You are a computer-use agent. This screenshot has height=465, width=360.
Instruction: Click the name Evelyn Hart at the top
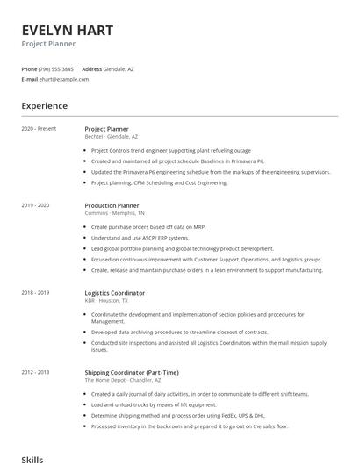click(67, 30)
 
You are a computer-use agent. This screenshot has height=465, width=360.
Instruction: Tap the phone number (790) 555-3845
click(57, 68)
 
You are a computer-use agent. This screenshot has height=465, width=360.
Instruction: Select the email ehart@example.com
click(64, 79)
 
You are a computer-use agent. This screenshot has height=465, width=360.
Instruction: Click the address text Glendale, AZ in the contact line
click(119, 68)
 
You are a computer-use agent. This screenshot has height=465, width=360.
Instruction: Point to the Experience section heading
click(44, 106)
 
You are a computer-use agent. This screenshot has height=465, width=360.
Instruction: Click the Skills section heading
click(32, 459)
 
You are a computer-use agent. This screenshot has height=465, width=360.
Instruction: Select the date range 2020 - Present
click(39, 129)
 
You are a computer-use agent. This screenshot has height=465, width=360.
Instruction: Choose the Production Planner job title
click(112, 204)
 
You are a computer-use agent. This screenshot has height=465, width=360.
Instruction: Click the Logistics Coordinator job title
click(115, 292)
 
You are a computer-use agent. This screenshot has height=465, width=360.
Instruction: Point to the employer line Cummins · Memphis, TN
click(115, 213)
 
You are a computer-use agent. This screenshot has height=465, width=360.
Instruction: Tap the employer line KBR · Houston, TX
click(106, 301)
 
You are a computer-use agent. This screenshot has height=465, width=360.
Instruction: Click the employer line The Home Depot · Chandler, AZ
click(122, 380)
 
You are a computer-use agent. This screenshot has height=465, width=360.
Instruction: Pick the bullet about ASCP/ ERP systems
click(140, 238)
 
